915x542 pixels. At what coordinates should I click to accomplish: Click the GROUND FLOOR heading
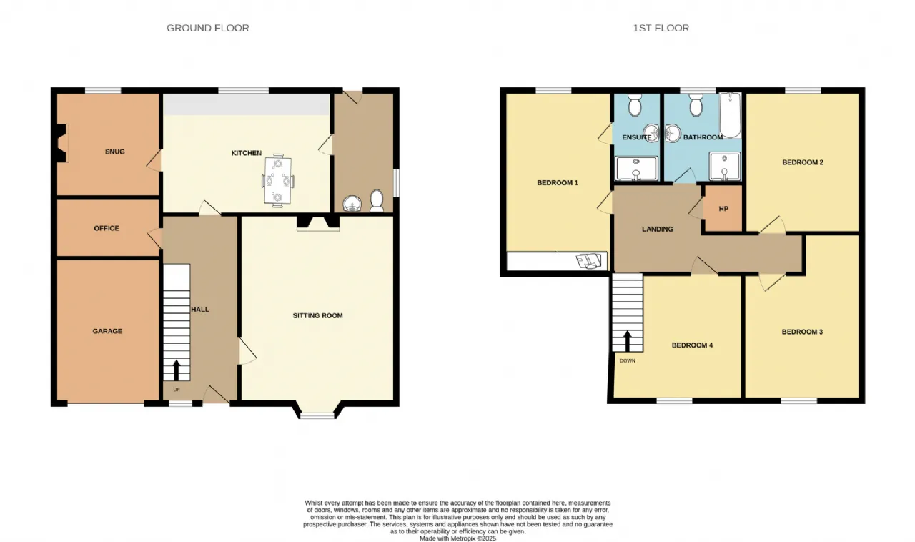pyautogui.click(x=207, y=28)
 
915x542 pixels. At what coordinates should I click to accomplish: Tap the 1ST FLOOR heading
pyautogui.click(x=661, y=28)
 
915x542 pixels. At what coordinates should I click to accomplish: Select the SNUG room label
pyautogui.click(x=115, y=152)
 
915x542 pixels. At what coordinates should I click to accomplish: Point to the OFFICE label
pyautogui.click(x=107, y=228)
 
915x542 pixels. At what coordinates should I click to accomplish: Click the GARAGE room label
pyautogui.click(x=107, y=331)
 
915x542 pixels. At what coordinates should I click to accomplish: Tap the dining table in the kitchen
pyautogui.click(x=278, y=180)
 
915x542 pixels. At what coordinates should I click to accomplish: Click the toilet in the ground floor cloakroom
pyautogui.click(x=377, y=201)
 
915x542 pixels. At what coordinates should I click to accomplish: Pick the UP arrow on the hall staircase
pyautogui.click(x=177, y=370)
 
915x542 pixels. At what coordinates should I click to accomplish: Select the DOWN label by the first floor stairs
pyautogui.click(x=628, y=360)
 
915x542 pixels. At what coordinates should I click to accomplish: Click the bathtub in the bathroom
pyautogui.click(x=731, y=115)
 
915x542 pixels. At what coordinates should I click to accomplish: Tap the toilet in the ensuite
pyautogui.click(x=635, y=104)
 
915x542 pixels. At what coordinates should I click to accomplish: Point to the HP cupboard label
pyautogui.click(x=723, y=209)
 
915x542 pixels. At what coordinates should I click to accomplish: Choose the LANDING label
pyautogui.click(x=657, y=229)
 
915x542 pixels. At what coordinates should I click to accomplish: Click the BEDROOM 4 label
pyautogui.click(x=693, y=345)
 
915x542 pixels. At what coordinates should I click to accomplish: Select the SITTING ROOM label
pyautogui.click(x=318, y=315)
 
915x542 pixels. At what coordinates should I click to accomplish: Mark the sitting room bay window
pyautogui.click(x=317, y=415)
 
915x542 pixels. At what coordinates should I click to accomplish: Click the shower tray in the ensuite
pyautogui.click(x=636, y=168)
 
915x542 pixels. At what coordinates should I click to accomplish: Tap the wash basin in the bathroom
pyautogui.click(x=672, y=133)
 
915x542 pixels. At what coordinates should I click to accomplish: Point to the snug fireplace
pyautogui.click(x=62, y=143)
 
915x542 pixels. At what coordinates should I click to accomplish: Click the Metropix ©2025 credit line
pyautogui.click(x=458, y=538)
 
